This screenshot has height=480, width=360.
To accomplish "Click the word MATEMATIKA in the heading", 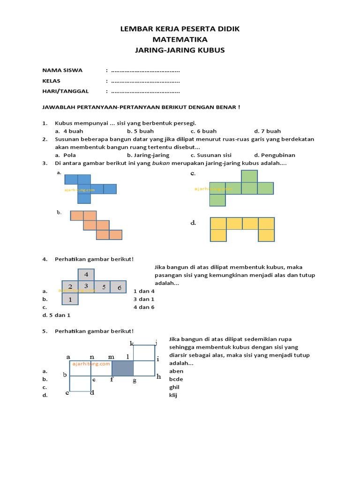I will [x=180, y=39].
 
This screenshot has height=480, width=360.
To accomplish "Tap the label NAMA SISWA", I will [x=62, y=70].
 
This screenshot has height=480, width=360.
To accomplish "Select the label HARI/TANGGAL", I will [x=66, y=91].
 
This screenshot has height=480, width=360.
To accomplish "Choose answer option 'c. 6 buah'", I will [x=203, y=131].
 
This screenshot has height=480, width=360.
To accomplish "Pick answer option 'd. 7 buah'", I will [x=267, y=131].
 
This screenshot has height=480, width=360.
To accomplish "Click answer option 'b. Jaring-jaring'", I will [x=148, y=155].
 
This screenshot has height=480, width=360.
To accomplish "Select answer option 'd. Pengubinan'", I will [x=275, y=155].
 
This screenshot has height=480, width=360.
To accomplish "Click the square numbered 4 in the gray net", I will [x=86, y=275].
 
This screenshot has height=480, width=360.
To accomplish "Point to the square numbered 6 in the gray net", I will [x=119, y=287].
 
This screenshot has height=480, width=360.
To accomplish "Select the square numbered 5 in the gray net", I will [x=103, y=287].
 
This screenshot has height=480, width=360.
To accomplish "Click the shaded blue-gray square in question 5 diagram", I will [x=123, y=368].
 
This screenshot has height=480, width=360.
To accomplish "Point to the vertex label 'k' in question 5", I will [x=132, y=344].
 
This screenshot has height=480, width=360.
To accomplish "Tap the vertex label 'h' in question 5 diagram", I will [x=158, y=376].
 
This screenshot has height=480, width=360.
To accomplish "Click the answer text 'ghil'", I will [x=174, y=387].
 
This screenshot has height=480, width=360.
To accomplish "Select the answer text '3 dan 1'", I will [x=143, y=299].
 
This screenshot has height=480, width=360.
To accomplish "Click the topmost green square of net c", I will [x=249, y=176].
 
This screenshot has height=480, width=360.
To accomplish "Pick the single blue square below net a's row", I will [x=84, y=198].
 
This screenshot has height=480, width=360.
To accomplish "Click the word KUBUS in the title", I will [x=214, y=50].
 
